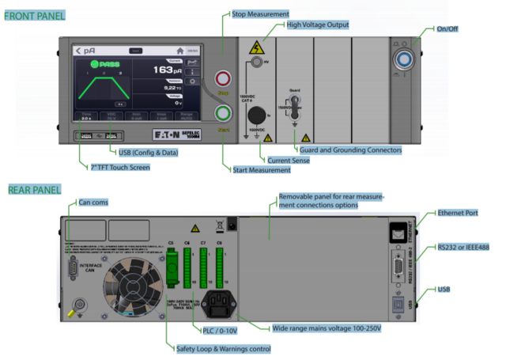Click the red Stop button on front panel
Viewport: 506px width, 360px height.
coord(221,79)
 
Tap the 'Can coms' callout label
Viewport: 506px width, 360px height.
coord(93,202)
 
